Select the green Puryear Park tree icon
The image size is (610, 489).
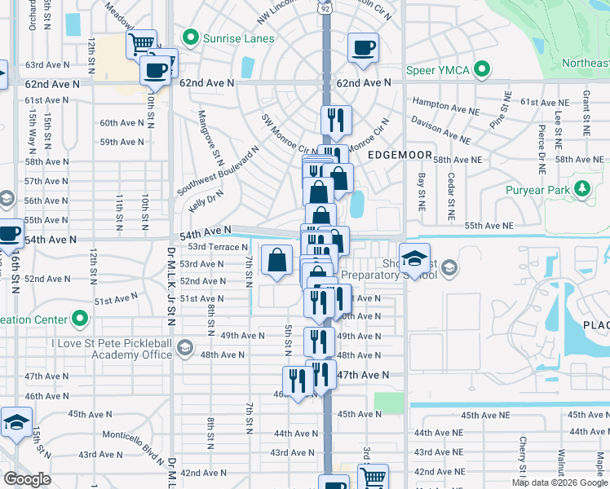coord(581,190)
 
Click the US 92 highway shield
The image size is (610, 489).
coord(325,8)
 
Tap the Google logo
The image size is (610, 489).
coord(27,479)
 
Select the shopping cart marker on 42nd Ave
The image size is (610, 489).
coord(372,477)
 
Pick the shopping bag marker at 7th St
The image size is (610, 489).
coord(277,260)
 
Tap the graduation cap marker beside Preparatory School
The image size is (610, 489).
coord(414,258)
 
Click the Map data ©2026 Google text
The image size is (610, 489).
coord(559,482)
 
